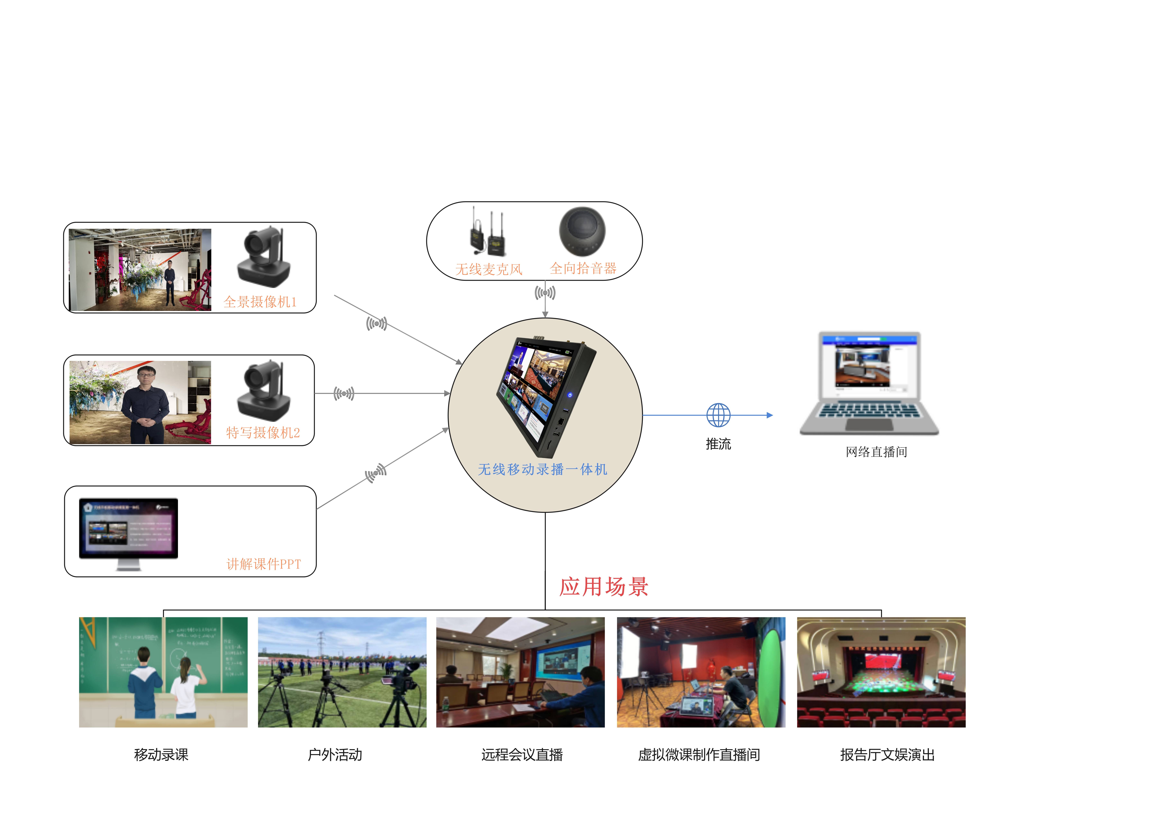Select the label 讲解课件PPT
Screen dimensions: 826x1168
(x=264, y=564)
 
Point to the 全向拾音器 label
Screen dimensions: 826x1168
(x=583, y=268)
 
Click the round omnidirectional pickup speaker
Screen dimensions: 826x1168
(x=582, y=232)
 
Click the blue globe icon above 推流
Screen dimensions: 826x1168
(x=718, y=415)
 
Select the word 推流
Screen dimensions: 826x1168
(x=718, y=444)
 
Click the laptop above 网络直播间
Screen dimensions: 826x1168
(x=869, y=383)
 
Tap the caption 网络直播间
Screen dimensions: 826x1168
(x=876, y=452)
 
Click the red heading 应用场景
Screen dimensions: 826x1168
(x=604, y=587)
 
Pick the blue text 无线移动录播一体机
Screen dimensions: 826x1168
(x=542, y=469)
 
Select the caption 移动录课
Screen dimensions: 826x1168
(x=161, y=755)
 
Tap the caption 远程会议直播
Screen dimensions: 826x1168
(x=522, y=755)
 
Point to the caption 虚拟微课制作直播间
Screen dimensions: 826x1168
(x=699, y=755)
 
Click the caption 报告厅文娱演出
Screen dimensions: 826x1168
(x=887, y=755)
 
